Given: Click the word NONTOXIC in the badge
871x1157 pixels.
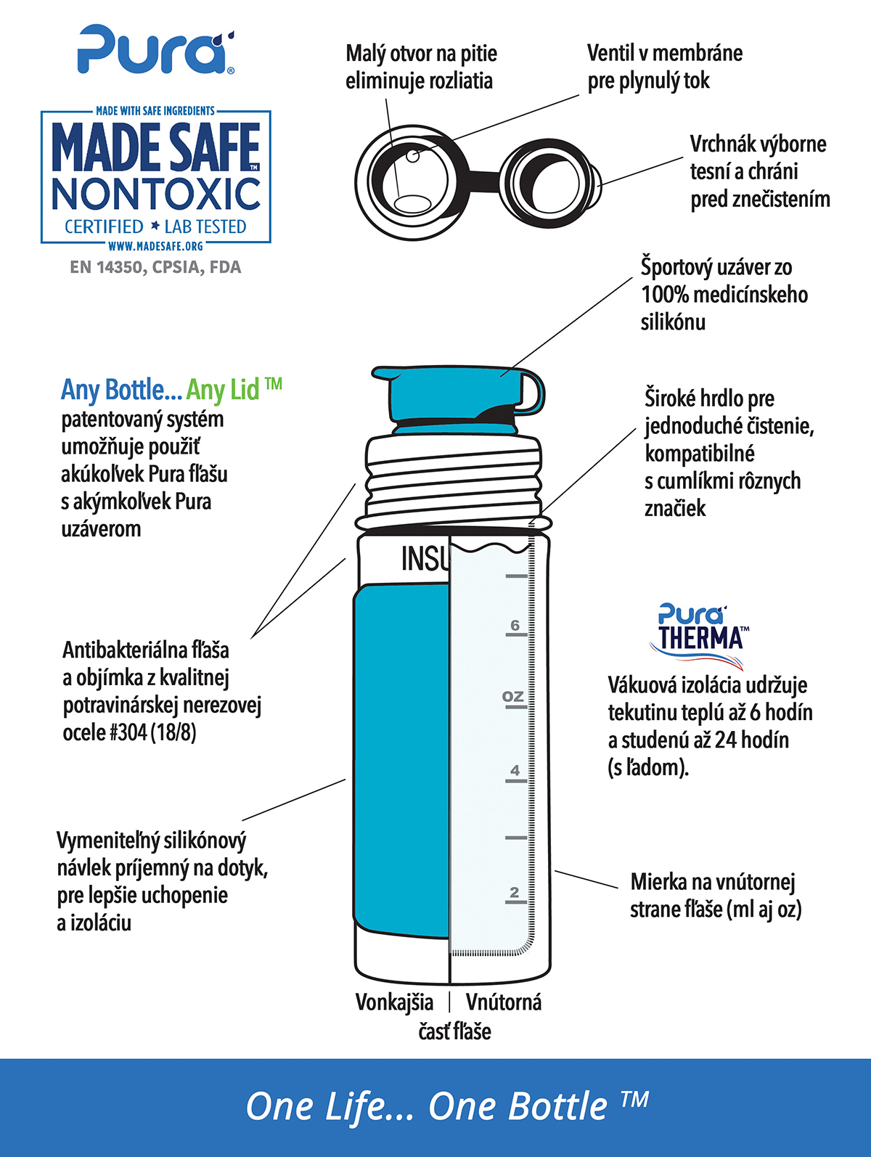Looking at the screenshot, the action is pos(156,194).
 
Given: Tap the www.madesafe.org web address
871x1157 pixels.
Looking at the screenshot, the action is pos(155,246).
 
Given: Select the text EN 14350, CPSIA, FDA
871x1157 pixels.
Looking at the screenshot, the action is pos(155,267).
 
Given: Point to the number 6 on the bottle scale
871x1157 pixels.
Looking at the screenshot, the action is pos(515,625).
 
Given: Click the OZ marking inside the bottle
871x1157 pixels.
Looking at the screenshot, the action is pos(512,696).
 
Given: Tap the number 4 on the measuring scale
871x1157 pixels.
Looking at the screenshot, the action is pos(515,770).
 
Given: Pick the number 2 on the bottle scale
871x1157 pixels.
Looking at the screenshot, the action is pos(515,892).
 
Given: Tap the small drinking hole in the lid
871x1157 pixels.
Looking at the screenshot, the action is pos(412,155).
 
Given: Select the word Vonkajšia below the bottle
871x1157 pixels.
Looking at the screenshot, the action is pos(394,1002).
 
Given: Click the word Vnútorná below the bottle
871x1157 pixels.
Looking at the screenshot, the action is pos(503,1002).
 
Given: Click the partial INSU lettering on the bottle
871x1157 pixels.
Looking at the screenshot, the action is pos(425,559).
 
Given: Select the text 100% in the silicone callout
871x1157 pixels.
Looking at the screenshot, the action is pos(665,295).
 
